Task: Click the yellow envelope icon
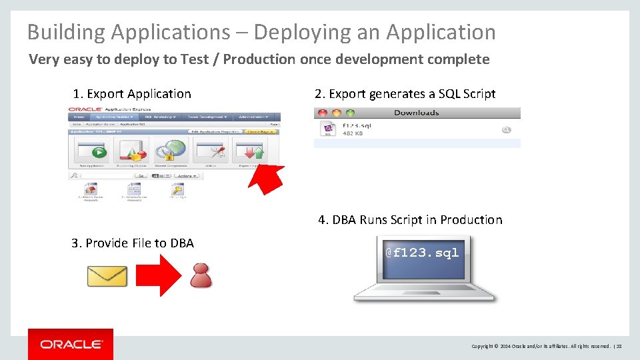(107, 276)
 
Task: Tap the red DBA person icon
(201, 275)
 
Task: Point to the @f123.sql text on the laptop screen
(423, 253)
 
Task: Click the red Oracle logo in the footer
(71, 344)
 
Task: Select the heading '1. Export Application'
(132, 94)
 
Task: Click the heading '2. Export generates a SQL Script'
(405, 94)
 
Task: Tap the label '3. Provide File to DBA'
(133, 243)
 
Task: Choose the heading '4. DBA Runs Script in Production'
(410, 220)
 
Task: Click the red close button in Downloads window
(321, 113)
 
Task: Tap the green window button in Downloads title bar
(351, 113)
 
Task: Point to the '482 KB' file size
(353, 133)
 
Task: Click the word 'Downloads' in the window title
(417, 113)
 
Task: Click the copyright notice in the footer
(541, 346)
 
